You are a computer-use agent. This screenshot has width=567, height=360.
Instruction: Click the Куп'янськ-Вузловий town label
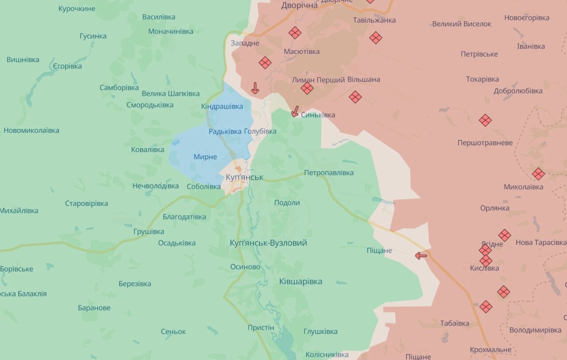[268, 243]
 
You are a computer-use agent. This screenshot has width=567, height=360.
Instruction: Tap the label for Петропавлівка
[328, 173]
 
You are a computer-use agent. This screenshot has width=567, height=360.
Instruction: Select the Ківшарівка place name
[301, 282]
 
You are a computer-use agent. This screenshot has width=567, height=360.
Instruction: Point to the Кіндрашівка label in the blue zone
[222, 107]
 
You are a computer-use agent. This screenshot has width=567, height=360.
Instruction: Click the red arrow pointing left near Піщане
[421, 255]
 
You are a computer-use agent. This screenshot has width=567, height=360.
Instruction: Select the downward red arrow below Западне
[255, 88]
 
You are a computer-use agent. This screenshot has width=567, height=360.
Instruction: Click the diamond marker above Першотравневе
[485, 120]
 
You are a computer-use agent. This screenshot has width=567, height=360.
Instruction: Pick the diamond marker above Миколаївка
[538, 174]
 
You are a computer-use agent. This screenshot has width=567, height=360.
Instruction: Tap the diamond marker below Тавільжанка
[376, 38]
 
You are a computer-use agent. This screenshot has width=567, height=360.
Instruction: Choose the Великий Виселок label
[461, 24]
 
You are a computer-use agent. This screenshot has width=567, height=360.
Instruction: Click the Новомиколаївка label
[31, 131]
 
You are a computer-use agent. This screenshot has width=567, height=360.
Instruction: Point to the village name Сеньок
[173, 332]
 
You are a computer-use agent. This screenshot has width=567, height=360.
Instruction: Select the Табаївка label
[455, 323]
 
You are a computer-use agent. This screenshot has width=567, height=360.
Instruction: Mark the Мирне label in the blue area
[205, 157]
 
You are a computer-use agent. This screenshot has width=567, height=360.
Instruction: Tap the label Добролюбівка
[518, 91]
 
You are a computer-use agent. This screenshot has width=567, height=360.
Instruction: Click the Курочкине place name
[77, 8]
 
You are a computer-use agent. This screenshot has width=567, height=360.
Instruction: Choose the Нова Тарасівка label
[540, 243]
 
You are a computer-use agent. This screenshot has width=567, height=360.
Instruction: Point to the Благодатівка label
[184, 217]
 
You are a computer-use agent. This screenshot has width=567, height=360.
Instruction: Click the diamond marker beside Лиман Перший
[307, 88]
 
